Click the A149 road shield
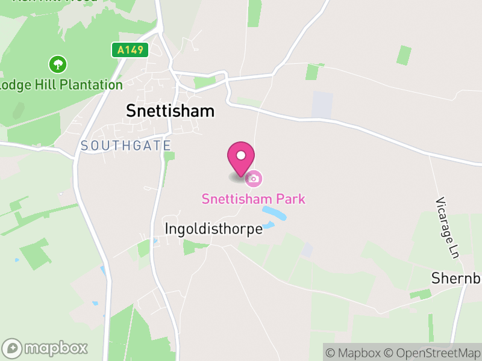[x=130, y=50]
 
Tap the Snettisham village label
[x=171, y=111]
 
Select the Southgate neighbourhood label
[x=125, y=146]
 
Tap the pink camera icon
[x=254, y=178]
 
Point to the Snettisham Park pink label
[x=254, y=199]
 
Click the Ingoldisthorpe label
[x=214, y=229]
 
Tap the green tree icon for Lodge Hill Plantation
[x=58, y=64]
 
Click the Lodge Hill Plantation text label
[x=61, y=84]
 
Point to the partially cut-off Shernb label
[x=457, y=279]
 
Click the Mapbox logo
[x=45, y=348]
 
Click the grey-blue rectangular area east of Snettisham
[x=322, y=105]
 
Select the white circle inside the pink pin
[x=241, y=155]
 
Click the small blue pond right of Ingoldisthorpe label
[x=268, y=226]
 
